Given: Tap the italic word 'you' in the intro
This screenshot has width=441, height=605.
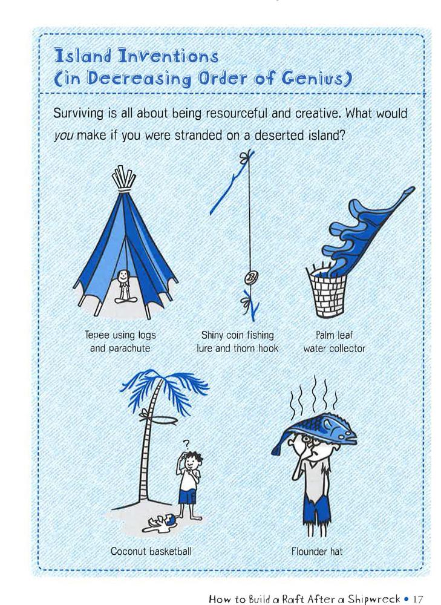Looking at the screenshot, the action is coord(64,136).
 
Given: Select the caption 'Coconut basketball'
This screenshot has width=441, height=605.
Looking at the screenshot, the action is coord(151,551).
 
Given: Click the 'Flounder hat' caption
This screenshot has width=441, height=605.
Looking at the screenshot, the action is coord(317,552).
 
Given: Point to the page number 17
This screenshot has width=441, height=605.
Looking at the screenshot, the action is coord(418,599).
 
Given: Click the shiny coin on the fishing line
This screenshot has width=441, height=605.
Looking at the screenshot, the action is coord(251,277).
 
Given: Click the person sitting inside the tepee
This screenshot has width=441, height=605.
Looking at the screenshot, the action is coord(123,286).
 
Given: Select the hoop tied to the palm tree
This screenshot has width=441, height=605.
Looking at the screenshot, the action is coord(159,419).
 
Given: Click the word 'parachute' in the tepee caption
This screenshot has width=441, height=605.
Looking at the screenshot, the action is coord(129,348).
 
